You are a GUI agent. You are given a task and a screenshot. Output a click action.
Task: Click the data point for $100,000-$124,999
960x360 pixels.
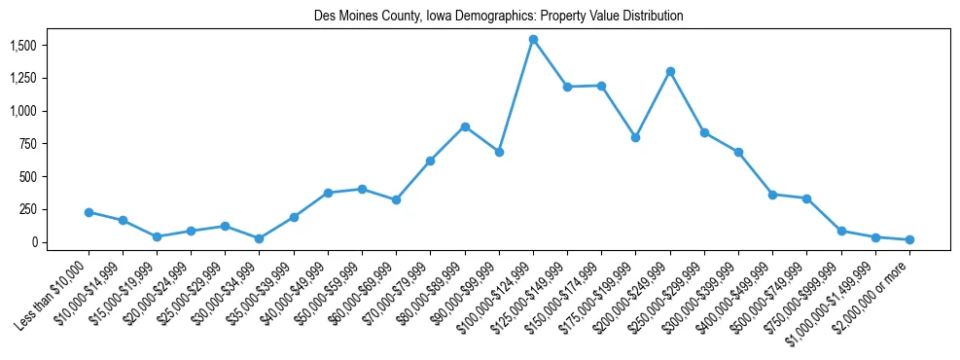tap(533, 40)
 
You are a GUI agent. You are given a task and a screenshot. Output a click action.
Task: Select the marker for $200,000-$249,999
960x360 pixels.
tap(670, 71)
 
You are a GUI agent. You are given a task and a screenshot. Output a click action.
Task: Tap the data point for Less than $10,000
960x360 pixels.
tap(89, 212)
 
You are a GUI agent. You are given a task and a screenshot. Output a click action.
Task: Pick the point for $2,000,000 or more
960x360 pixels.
tap(909, 239)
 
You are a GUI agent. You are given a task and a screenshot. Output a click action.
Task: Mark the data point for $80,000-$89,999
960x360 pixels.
tap(465, 126)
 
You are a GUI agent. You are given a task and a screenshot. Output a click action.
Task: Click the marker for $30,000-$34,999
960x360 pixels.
tap(260, 238)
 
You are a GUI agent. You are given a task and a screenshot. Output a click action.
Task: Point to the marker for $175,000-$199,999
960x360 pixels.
tap(636, 137)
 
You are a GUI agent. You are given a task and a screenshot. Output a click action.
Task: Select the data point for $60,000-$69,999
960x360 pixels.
tap(397, 199)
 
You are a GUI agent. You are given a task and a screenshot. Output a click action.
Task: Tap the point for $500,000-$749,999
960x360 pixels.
tap(806, 198)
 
